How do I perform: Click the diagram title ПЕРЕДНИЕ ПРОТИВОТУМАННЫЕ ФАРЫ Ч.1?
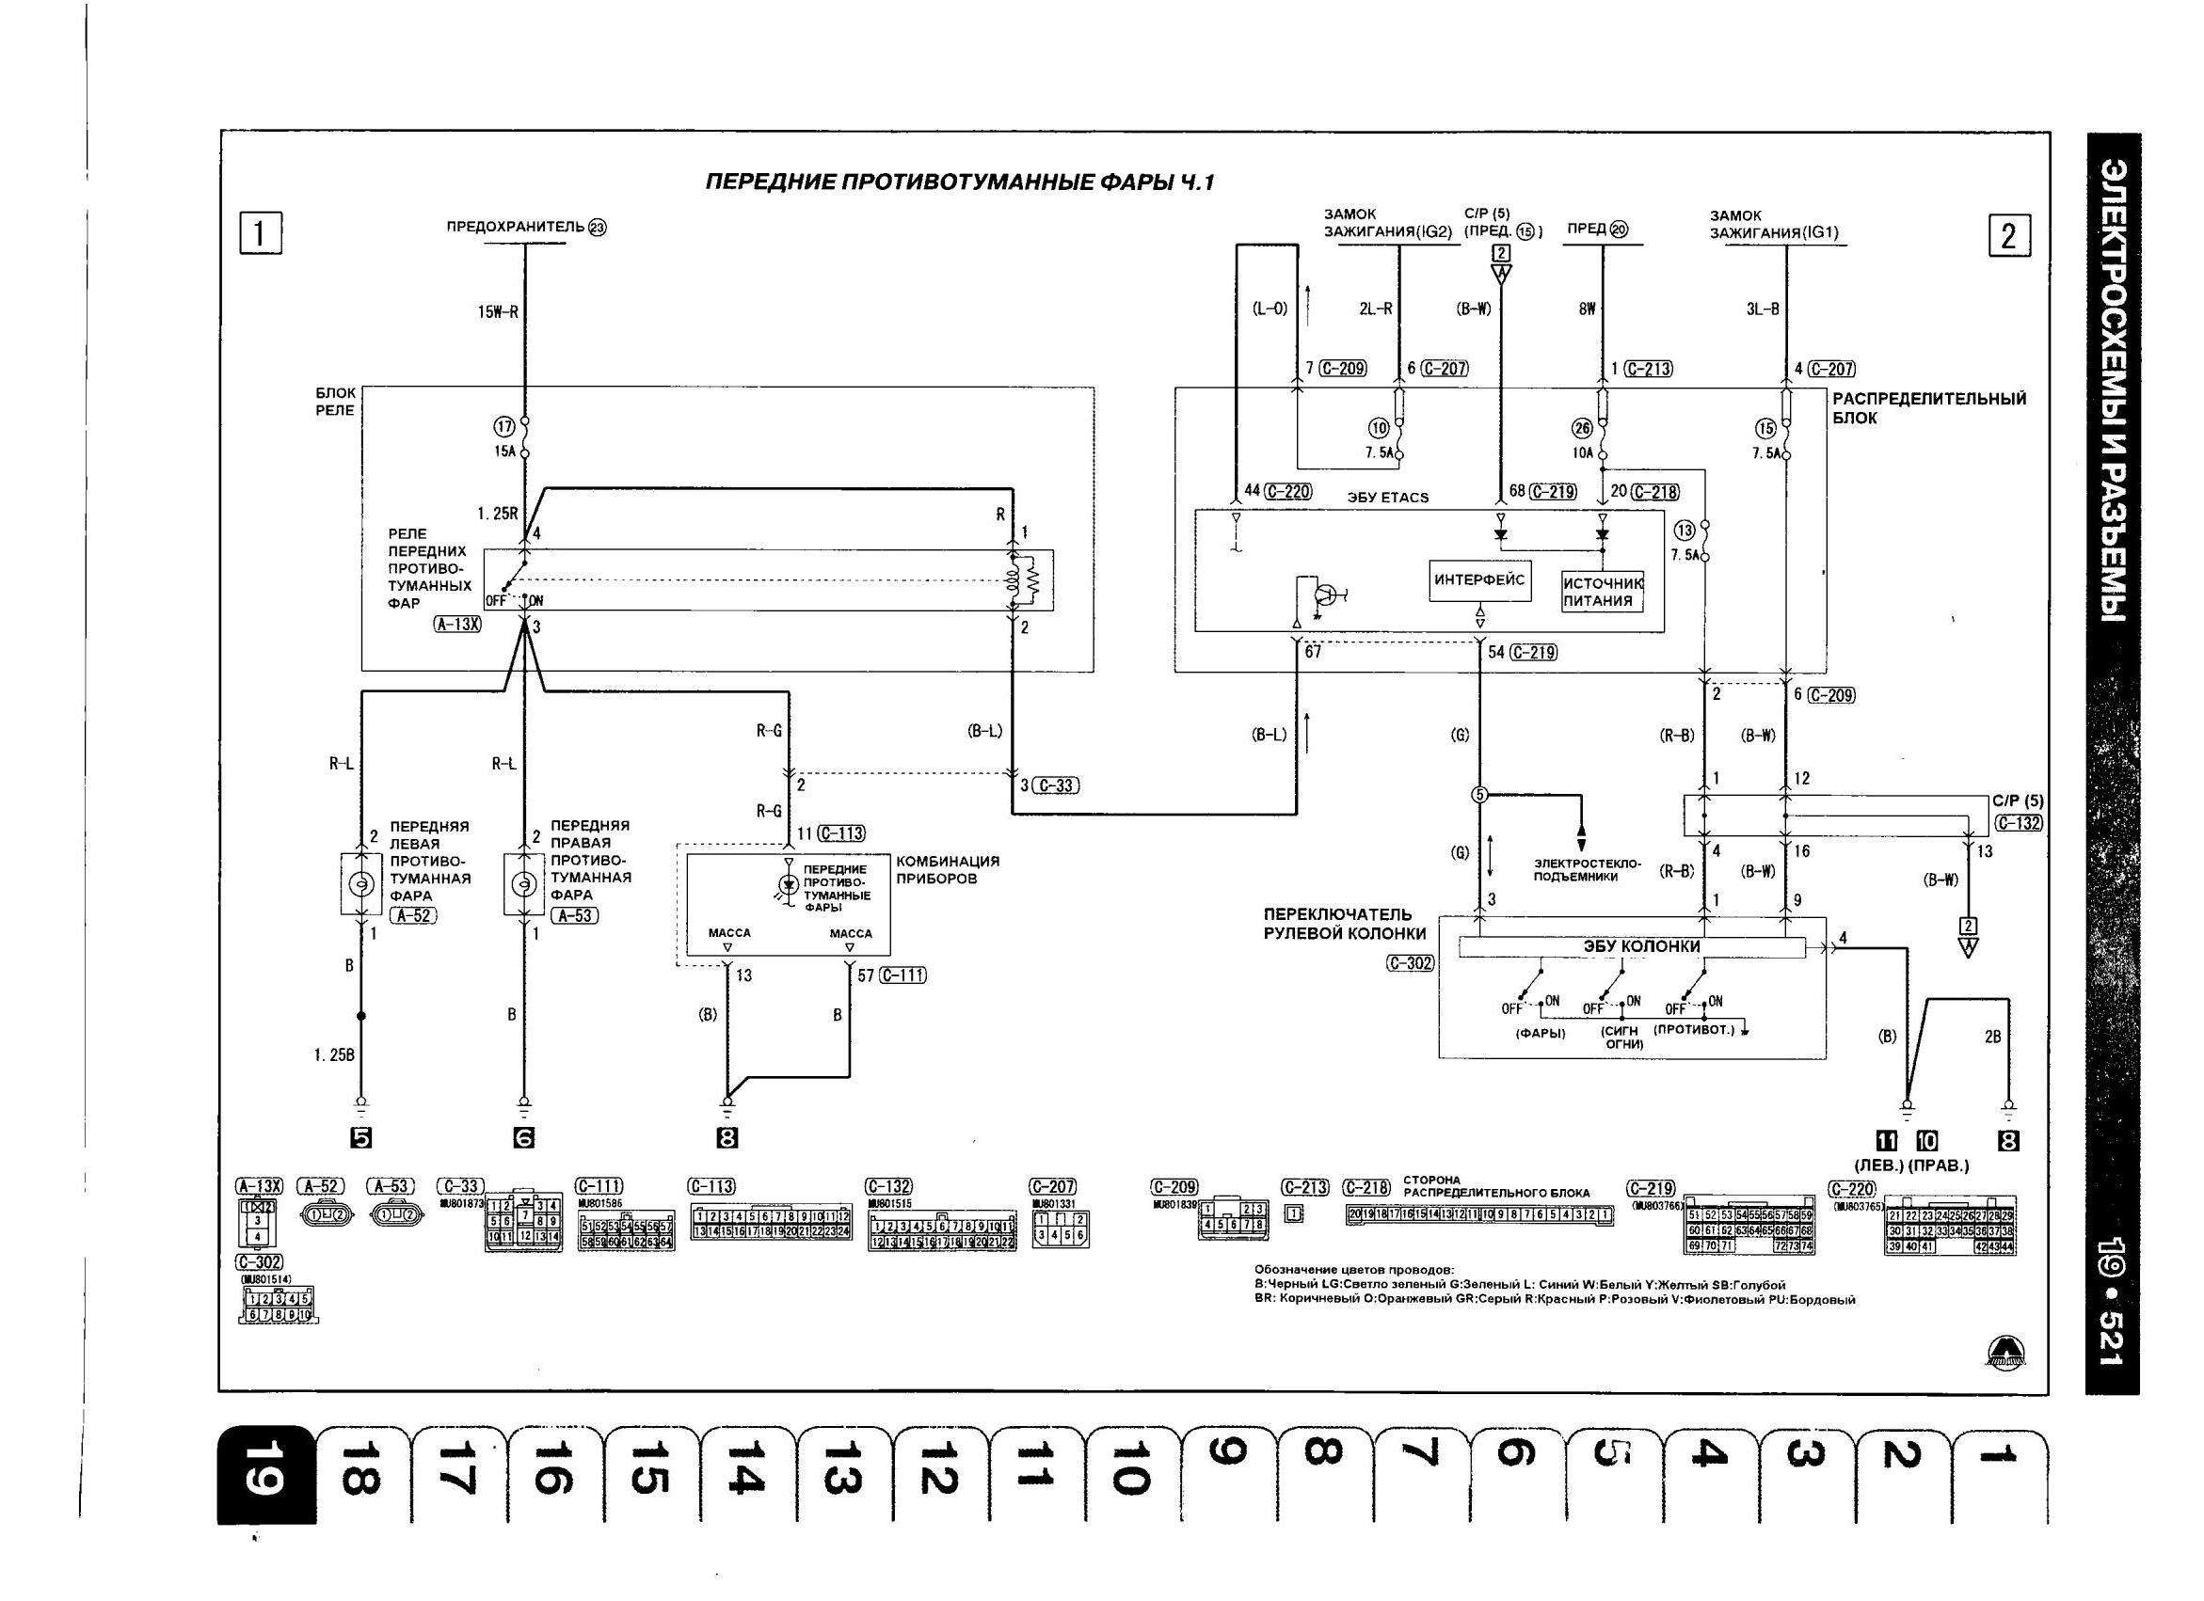[x=959, y=183]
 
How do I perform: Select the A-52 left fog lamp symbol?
[x=360, y=883]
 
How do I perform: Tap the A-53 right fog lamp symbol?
[x=524, y=883]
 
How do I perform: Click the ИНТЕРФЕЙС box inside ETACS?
[x=1479, y=580]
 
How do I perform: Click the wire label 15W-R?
[x=498, y=313]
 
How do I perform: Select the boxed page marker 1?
[x=261, y=233]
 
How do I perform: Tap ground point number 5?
[x=360, y=1138]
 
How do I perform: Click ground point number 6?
[x=524, y=1138]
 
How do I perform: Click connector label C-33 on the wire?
[x=1054, y=785]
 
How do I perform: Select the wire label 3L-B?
[x=1762, y=309]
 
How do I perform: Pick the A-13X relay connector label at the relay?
[x=456, y=625]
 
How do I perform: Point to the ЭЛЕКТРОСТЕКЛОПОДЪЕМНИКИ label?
[x=1587, y=869]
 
